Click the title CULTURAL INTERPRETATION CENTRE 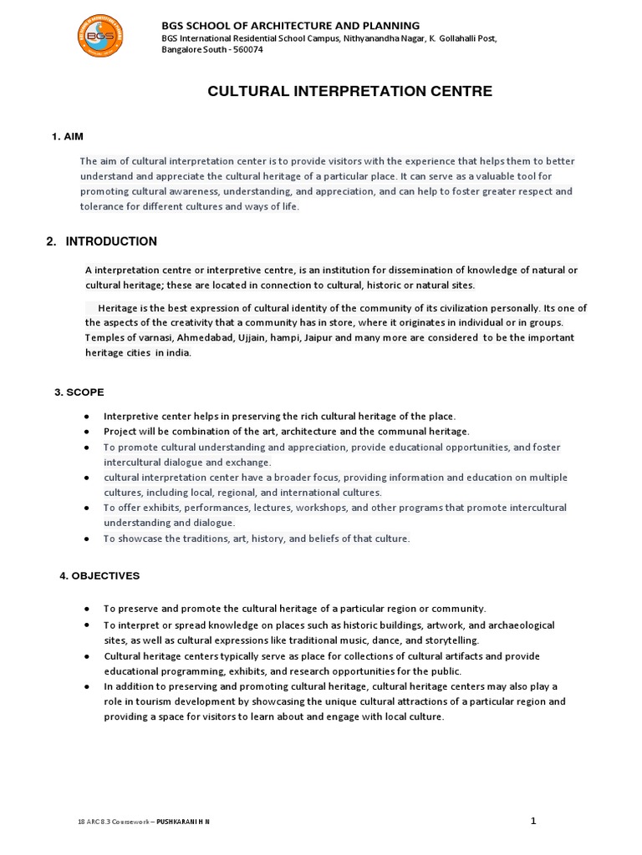[x=349, y=91]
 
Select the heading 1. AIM [x=67, y=136]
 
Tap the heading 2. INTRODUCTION [x=102, y=241]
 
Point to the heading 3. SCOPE [x=79, y=392]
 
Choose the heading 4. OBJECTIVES [x=99, y=576]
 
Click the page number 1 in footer [x=533, y=821]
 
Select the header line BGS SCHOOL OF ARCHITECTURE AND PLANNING [x=290, y=26]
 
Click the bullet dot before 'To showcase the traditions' [x=87, y=539]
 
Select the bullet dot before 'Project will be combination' [x=87, y=432]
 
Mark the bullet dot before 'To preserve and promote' [x=87, y=609]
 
